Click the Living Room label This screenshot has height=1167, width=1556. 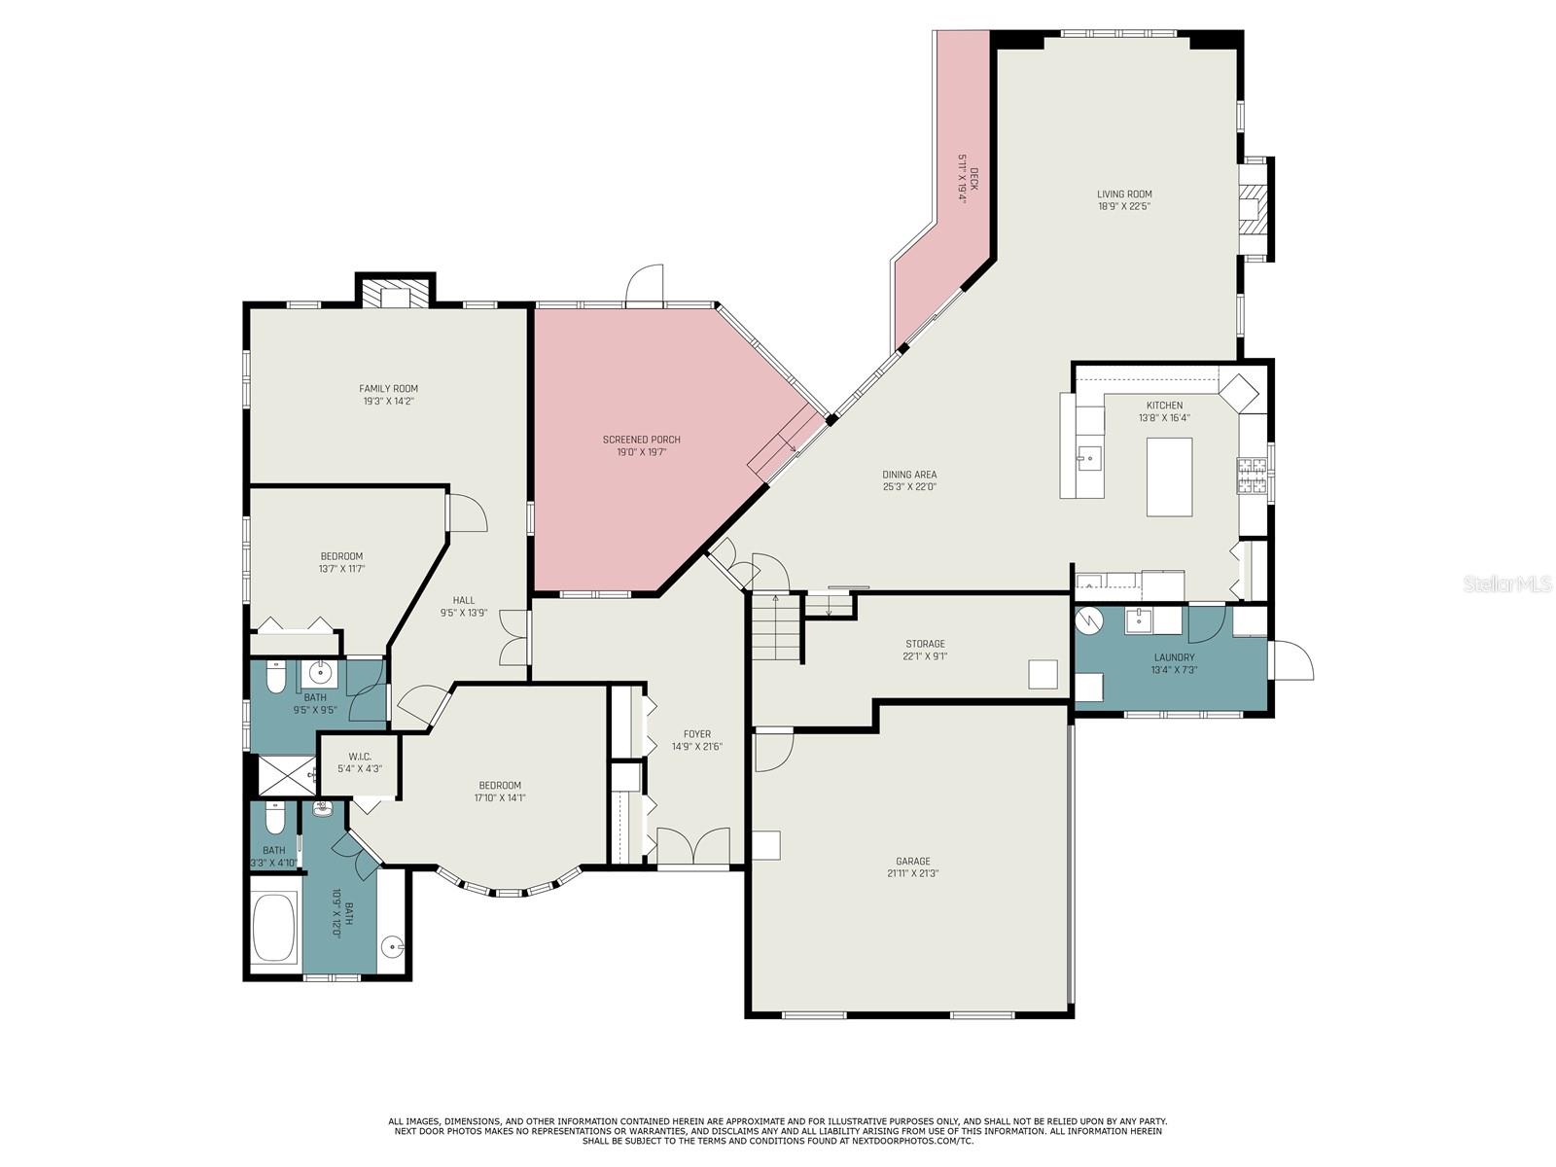tap(1124, 194)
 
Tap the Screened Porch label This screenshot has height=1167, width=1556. tap(642, 440)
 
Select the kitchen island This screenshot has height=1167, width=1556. tap(1169, 477)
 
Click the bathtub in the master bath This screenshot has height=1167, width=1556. tap(274, 928)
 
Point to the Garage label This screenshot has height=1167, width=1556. tap(913, 862)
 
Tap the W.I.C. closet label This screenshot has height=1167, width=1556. tap(360, 757)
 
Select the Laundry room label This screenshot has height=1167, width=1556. tap(1174, 657)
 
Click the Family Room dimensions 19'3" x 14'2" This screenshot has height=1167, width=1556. tap(388, 401)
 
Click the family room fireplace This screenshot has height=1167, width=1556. tap(395, 293)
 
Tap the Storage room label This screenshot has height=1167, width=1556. tap(925, 644)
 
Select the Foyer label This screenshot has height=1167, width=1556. tap(697, 734)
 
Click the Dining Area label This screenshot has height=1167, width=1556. tap(909, 475)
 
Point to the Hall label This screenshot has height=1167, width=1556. tap(464, 600)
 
